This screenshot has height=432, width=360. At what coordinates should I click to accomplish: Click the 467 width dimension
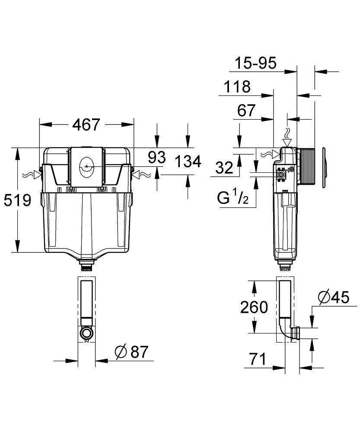[x=86, y=124]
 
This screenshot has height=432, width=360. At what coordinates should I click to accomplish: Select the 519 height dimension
[x=18, y=200]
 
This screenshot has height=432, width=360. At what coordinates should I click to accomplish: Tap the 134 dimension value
[x=188, y=162]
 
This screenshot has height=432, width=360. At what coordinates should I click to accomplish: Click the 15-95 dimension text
[x=255, y=64]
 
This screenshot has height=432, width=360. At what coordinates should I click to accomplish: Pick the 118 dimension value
[x=237, y=87]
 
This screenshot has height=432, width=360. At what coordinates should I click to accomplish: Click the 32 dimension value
[x=224, y=167]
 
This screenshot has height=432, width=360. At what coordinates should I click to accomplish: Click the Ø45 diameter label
[x=333, y=298]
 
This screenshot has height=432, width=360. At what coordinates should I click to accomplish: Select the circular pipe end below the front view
[x=86, y=333]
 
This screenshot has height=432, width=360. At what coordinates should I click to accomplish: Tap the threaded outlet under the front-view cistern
[x=86, y=264]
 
